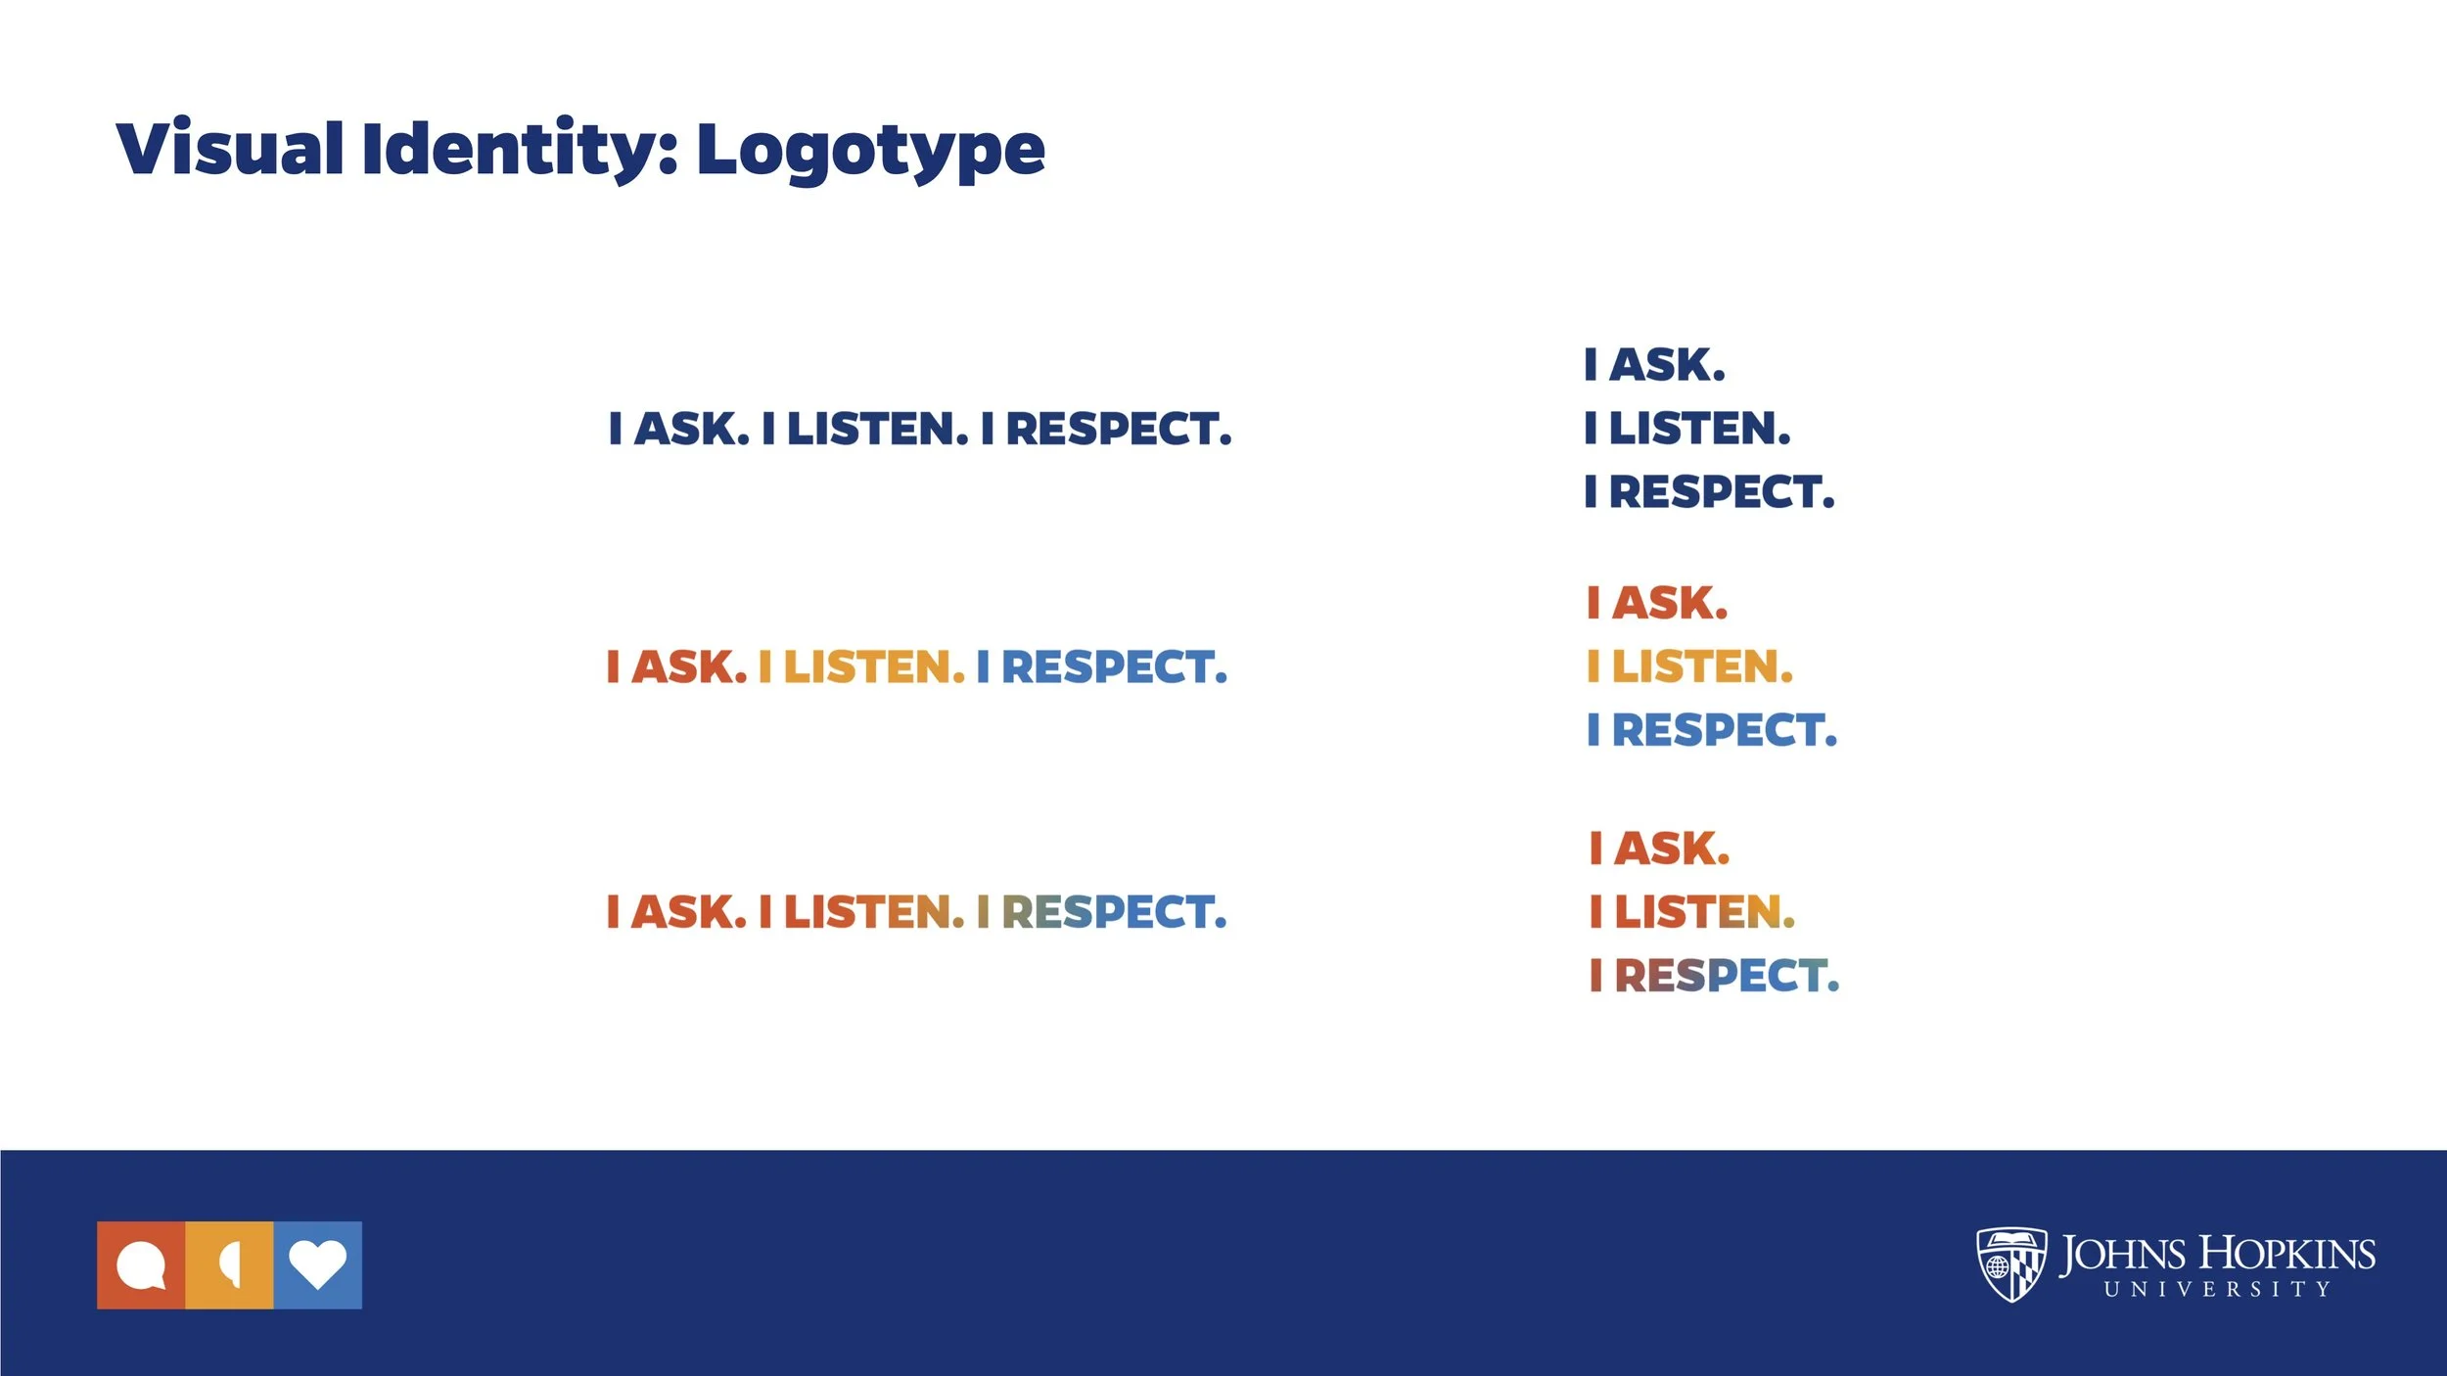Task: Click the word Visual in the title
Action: click(230, 150)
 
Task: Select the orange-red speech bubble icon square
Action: click(141, 1264)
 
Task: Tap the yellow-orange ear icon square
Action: click(229, 1264)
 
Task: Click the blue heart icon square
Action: click(318, 1264)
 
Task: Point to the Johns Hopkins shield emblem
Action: click(2010, 1263)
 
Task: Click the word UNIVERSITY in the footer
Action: click(2217, 1290)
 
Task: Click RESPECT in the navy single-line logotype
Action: click(1118, 430)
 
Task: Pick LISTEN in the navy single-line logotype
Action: click(877, 430)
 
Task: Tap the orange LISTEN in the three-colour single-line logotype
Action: click(874, 667)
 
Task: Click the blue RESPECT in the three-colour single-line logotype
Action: click(1113, 667)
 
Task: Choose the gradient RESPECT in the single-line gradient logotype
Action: click(1113, 912)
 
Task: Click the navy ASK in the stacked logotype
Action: click(1667, 365)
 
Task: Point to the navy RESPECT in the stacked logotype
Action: click(1722, 492)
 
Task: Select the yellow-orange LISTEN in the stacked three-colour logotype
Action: click(1702, 667)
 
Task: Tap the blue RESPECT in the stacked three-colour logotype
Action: click(1725, 731)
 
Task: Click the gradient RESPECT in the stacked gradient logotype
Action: click(1727, 976)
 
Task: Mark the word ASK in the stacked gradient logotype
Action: click(1672, 849)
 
